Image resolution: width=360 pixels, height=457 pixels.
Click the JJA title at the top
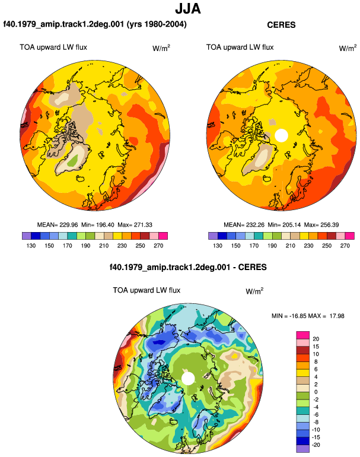[188, 9]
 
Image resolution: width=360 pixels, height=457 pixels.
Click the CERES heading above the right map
[281, 25]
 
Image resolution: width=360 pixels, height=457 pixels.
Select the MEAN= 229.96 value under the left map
[58, 225]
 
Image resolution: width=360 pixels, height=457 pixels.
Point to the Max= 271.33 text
[135, 225]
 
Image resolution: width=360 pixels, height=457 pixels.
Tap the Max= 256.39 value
[321, 225]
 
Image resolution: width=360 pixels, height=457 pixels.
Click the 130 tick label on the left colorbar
[31, 246]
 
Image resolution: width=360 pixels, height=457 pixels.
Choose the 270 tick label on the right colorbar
[345, 246]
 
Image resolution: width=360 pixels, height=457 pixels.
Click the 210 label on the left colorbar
[104, 246]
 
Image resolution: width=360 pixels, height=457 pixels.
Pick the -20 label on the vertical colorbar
[316, 445]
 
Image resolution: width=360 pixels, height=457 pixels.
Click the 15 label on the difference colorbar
[316, 346]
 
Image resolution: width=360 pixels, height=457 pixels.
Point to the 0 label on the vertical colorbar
[316, 392]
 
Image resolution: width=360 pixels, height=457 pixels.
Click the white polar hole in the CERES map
[281, 135]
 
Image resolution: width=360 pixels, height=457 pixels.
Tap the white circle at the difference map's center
[188, 379]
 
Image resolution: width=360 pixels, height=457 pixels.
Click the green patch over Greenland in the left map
[72, 160]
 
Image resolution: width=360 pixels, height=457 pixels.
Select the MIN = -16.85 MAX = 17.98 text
[308, 316]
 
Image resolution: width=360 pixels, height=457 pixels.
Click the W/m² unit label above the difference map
[254, 291]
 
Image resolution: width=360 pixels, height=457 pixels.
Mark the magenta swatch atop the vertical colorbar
[303, 335]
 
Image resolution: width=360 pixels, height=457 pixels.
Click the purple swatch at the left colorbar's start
[27, 236]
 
